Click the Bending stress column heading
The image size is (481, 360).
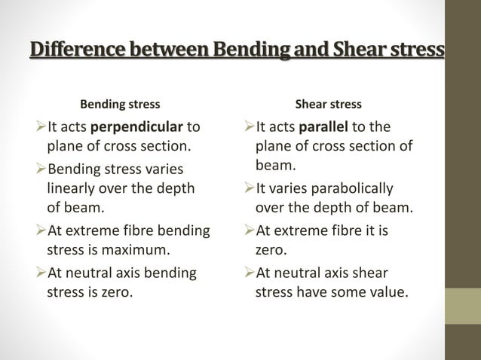[x=121, y=104]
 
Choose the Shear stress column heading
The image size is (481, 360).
[x=328, y=104]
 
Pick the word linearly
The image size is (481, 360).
[x=74, y=188]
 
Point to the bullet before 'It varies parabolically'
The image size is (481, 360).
[x=250, y=188]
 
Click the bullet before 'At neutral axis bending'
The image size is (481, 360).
[x=41, y=273]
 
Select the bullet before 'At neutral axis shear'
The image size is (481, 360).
[x=250, y=273]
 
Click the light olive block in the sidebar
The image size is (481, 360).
[x=463, y=306]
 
